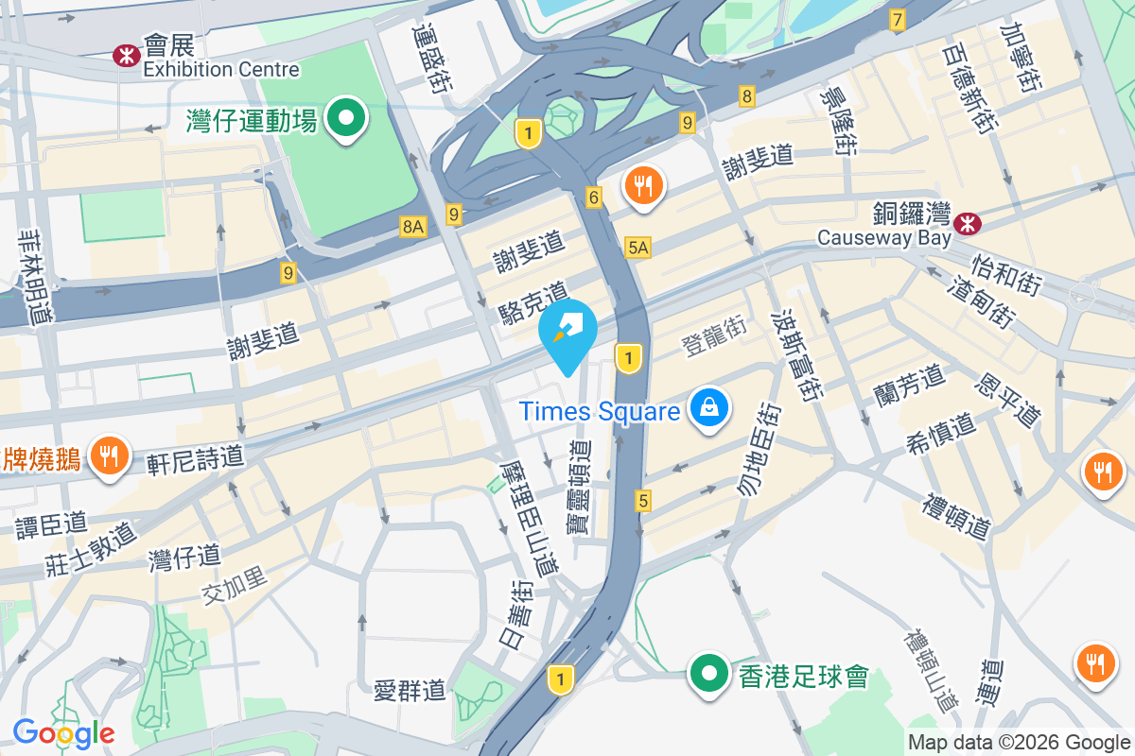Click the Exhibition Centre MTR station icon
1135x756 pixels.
tap(126, 56)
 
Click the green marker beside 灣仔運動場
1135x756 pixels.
tap(346, 119)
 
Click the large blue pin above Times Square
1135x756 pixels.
tap(567, 333)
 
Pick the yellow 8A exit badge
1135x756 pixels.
tap(413, 226)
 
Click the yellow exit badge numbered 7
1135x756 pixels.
tap(897, 19)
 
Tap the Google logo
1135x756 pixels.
tap(63, 733)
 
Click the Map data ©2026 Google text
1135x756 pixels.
tap(1019, 743)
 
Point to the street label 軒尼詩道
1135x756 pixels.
tap(196, 459)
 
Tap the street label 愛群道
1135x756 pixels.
tap(410, 690)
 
